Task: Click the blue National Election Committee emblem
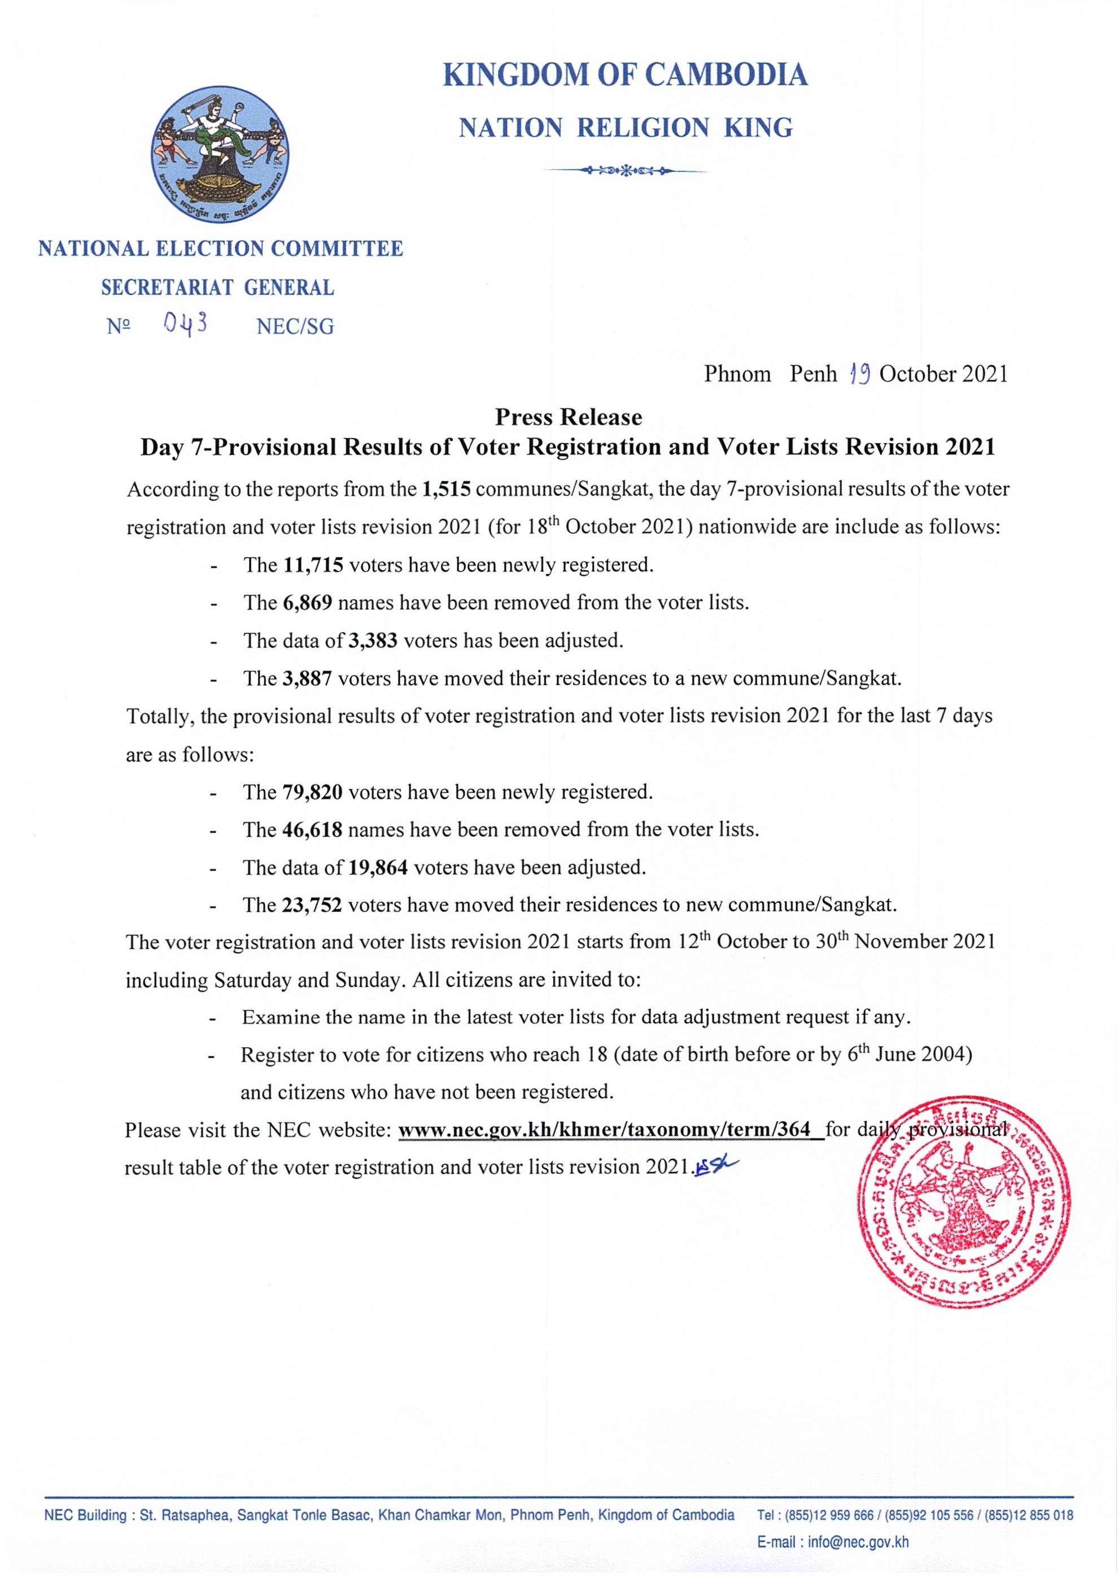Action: click(x=220, y=154)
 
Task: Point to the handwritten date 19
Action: click(x=860, y=374)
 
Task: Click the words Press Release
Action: click(x=568, y=417)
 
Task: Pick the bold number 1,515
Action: click(x=446, y=489)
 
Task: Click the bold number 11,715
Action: click(x=312, y=565)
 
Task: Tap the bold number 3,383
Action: click(x=372, y=641)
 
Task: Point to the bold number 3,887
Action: click(x=308, y=679)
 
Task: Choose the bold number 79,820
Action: click(x=312, y=792)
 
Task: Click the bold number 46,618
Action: click(x=312, y=829)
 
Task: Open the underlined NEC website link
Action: click(x=611, y=1130)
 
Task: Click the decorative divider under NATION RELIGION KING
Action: click(x=626, y=169)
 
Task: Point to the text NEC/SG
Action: click(x=295, y=326)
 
